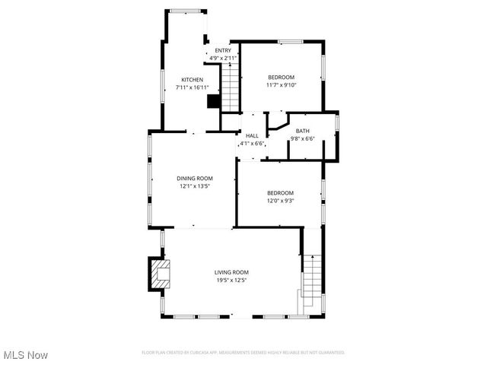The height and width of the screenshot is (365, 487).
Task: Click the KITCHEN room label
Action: pyautogui.click(x=192, y=80)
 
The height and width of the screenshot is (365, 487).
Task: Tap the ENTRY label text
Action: pyautogui.click(x=222, y=50)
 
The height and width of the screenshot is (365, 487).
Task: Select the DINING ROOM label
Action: pyautogui.click(x=195, y=178)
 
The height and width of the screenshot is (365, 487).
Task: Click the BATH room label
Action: pyautogui.click(x=302, y=131)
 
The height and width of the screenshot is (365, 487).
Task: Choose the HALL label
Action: pyautogui.click(x=252, y=135)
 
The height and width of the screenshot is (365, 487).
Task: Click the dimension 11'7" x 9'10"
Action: pyautogui.click(x=281, y=85)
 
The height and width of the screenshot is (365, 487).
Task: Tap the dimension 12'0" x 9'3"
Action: pyautogui.click(x=280, y=201)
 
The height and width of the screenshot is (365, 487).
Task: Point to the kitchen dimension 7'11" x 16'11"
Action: pyautogui.click(x=192, y=87)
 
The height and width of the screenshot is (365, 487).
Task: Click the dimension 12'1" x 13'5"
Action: pyautogui.click(x=195, y=186)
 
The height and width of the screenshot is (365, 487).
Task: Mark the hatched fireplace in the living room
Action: pyautogui.click(x=160, y=275)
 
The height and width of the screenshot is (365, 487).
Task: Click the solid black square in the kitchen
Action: pyautogui.click(x=214, y=101)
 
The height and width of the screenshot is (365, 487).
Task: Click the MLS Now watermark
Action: pyautogui.click(x=26, y=355)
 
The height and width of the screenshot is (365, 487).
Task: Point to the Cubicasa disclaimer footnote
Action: pyautogui.click(x=243, y=352)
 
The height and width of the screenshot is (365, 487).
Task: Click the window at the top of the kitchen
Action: pyautogui.click(x=186, y=11)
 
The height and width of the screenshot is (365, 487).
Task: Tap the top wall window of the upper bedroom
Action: pyautogui.click(x=290, y=41)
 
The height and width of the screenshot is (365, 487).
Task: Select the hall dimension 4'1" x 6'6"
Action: pyautogui.click(x=252, y=143)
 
